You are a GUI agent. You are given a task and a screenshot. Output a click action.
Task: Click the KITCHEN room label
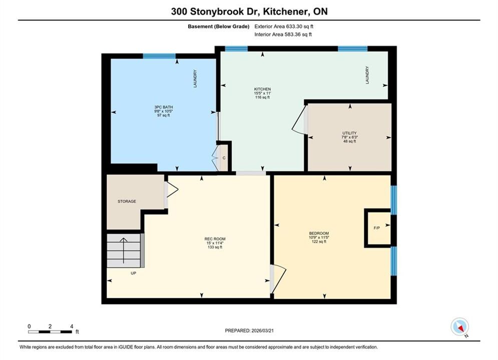(x=262, y=89)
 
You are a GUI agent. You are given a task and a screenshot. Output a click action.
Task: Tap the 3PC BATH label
(x=164, y=107)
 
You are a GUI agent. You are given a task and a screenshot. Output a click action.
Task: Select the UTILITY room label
(x=349, y=133)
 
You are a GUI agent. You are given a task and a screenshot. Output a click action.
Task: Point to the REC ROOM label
(x=215, y=239)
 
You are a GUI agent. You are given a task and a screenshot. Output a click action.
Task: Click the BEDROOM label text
(x=319, y=233)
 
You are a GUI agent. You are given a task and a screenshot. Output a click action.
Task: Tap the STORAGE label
(x=127, y=201)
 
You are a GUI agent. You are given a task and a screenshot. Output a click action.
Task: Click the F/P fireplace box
(x=377, y=227)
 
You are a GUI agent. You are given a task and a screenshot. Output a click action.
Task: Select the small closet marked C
(x=224, y=157)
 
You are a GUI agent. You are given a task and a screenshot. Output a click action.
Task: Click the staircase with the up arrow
(x=124, y=250)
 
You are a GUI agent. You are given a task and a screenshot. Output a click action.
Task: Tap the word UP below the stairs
(x=134, y=273)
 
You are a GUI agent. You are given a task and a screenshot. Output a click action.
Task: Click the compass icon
(x=459, y=326)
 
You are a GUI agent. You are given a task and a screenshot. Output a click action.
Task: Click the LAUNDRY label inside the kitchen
(x=367, y=75)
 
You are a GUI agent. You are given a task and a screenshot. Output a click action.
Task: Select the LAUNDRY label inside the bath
(x=195, y=78)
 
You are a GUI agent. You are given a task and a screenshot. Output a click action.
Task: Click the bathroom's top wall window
(x=159, y=56)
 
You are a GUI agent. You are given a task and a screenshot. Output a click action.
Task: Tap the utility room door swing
(x=299, y=120)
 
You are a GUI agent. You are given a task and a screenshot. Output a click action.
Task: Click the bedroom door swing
(x=279, y=279)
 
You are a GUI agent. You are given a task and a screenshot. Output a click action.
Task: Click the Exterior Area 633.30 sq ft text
(x=284, y=26)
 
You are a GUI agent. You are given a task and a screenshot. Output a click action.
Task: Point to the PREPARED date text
(x=249, y=330)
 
